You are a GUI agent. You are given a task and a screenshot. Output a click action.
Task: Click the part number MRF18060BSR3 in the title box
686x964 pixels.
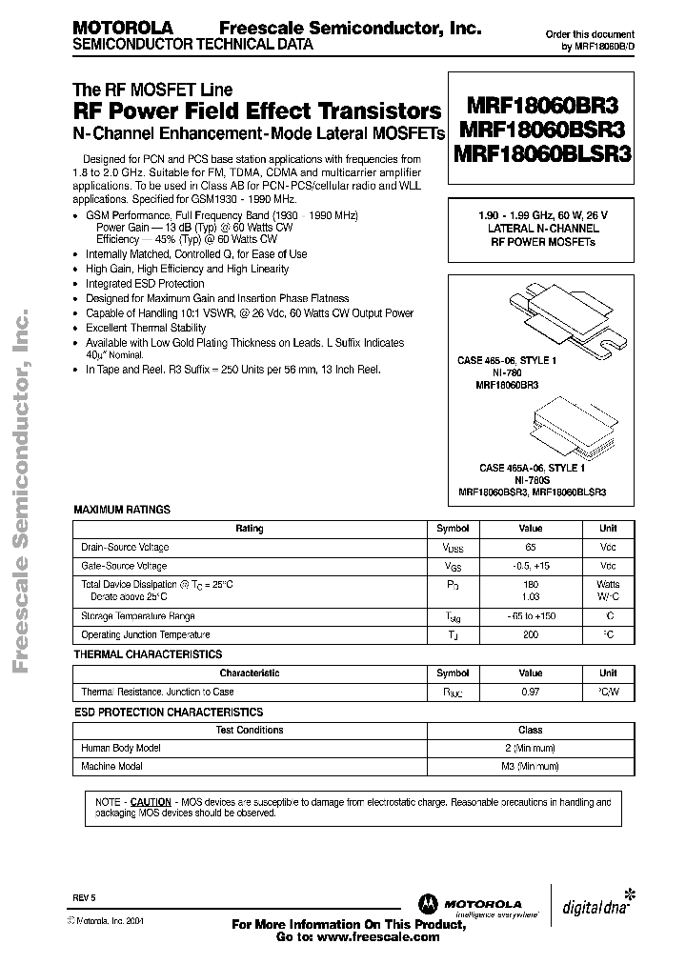pos(540,131)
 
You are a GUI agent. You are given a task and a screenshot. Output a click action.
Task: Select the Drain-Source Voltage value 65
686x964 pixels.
pos(531,548)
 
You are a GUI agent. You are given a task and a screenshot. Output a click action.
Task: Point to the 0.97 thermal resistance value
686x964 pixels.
pos(531,693)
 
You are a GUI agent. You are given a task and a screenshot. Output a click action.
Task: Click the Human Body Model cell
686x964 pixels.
pos(121,749)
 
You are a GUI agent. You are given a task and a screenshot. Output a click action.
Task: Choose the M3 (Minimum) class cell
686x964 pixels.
pos(531,766)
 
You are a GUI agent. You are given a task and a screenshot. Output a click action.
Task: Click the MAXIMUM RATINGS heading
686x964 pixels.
pos(122,510)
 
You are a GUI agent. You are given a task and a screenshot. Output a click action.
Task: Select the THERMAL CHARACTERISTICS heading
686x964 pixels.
pos(148,654)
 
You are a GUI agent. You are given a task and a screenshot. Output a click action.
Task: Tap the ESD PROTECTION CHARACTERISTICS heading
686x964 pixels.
pos(168,712)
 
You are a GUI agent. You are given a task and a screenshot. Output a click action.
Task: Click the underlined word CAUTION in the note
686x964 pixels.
pos(151,802)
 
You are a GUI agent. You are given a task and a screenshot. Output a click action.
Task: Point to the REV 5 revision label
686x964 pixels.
pos(84,898)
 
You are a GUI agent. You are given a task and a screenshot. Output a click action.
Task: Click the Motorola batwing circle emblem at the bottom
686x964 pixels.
pos(424,904)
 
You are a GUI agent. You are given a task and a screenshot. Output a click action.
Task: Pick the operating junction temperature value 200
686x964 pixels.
pos(531,635)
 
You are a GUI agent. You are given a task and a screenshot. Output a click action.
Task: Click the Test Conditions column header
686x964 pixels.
pos(250,731)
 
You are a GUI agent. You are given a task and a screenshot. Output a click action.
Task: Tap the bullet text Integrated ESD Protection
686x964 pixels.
pos(145,284)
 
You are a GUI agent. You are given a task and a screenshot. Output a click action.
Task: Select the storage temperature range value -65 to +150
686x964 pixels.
pos(531,616)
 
